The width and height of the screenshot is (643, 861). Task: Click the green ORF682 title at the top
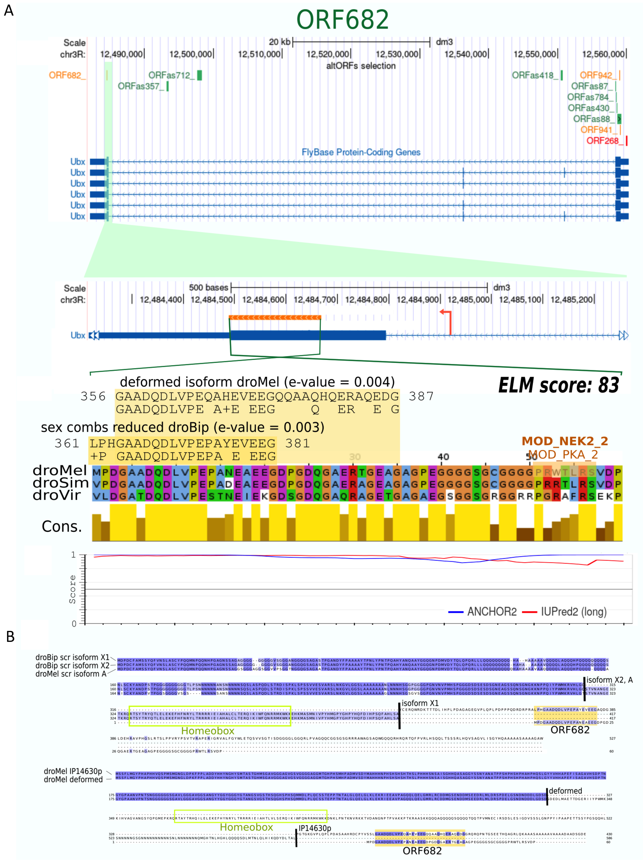(343, 19)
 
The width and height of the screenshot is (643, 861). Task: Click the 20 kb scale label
(279, 42)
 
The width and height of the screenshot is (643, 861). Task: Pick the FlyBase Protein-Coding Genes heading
(361, 152)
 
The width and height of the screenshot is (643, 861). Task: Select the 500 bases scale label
(209, 287)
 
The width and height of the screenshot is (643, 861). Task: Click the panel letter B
(10, 637)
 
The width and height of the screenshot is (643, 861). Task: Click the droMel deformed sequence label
(73, 779)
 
